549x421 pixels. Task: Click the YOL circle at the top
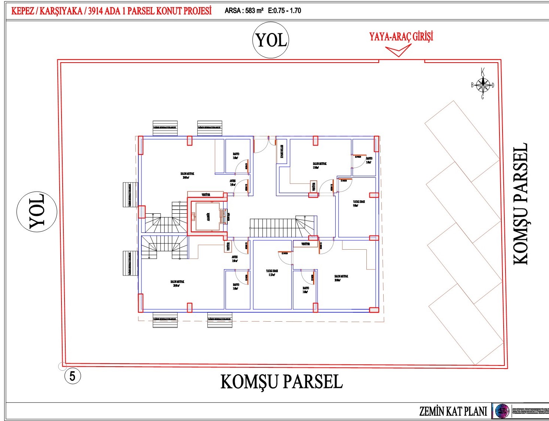pos(271,40)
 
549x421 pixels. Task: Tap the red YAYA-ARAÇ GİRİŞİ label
pos(401,37)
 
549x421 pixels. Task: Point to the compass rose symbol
pos(483,85)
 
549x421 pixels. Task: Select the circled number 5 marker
pos(72,376)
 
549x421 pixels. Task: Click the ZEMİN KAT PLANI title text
pos(453,411)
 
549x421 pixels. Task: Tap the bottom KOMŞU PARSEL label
pos(281,382)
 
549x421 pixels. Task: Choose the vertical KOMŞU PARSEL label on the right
pos(520,204)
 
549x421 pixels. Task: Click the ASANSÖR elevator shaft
pos(205,216)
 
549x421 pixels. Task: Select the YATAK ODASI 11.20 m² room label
pos(272,273)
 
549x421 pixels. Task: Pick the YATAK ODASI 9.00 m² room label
pos(358,203)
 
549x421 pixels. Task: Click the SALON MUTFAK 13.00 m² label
pos(319,165)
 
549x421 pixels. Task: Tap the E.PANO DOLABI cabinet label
pos(282,151)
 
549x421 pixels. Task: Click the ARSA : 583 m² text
pos(244,11)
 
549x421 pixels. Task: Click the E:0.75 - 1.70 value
pos(285,11)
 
